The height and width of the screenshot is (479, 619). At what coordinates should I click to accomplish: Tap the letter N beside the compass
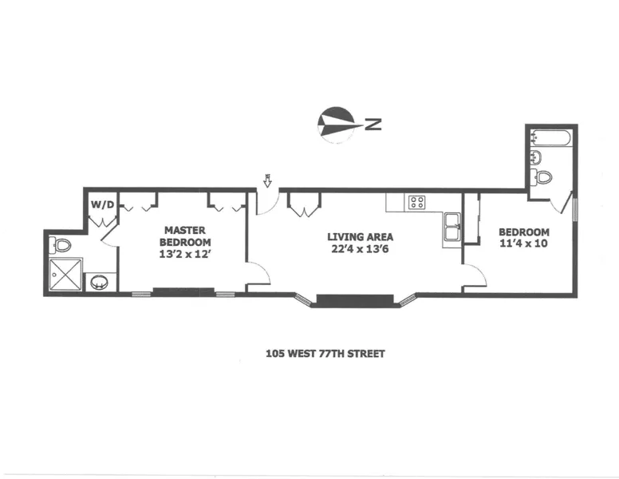point(373,124)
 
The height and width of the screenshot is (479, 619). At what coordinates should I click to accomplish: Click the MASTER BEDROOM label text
point(185,236)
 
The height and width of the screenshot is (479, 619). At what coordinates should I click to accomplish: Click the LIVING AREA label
point(360,237)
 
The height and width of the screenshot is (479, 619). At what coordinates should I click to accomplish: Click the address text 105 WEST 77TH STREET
point(325,353)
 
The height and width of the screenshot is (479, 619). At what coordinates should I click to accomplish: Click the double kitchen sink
point(452,227)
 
